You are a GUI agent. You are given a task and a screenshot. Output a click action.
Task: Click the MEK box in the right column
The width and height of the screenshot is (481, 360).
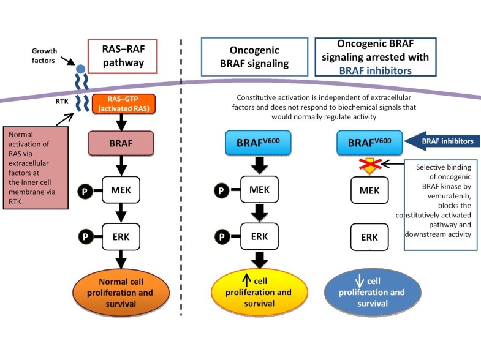coord(369,190)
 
